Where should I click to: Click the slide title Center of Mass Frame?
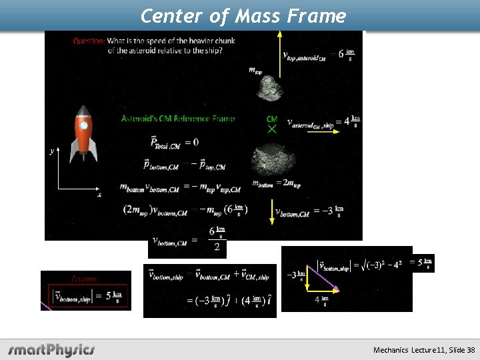click(243, 15)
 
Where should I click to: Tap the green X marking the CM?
click(272, 129)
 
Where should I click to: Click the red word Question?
click(88, 41)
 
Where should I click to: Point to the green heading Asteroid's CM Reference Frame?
click(178, 119)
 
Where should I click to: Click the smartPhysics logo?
click(51, 349)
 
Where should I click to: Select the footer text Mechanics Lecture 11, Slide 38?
click(424, 350)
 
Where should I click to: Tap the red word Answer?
click(85, 279)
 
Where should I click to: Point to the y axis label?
click(52, 151)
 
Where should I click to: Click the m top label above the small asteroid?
click(255, 69)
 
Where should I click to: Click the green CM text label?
click(271, 119)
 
